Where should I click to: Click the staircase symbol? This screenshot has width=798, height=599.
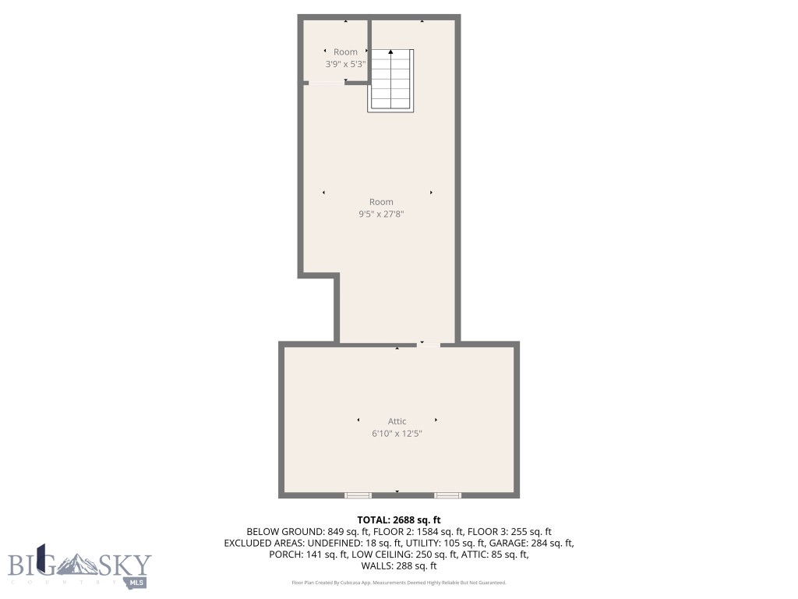tap(390, 80)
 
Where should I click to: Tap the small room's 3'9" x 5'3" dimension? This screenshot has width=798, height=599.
tap(345, 65)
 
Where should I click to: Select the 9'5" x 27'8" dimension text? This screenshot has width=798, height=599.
tap(381, 214)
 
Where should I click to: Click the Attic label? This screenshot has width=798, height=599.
tap(397, 421)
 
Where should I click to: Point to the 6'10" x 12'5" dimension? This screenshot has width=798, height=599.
tap(397, 434)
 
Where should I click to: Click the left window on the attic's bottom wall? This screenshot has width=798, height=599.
tap(358, 494)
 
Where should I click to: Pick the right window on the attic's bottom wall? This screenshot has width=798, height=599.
tap(447, 494)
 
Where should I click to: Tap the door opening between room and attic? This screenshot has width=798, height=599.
tap(428, 344)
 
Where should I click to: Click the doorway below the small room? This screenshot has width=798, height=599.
tap(327, 83)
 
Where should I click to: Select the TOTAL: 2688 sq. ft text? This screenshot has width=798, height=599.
tap(399, 519)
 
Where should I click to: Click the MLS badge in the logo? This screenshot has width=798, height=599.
tap(137, 581)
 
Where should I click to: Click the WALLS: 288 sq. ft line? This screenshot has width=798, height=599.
tap(399, 566)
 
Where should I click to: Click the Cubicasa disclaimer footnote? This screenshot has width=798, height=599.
tap(399, 583)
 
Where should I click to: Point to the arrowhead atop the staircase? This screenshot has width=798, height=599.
tap(390, 52)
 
